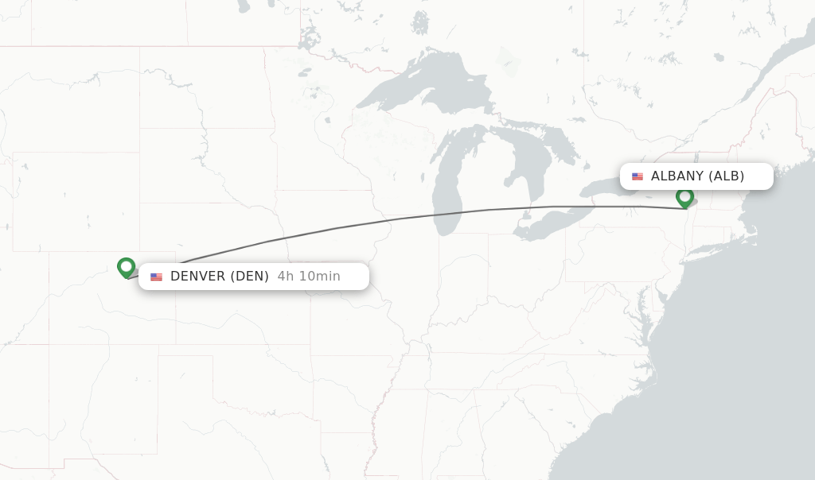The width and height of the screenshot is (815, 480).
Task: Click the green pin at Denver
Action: [x=126, y=267]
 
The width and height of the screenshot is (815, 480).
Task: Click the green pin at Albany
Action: [x=684, y=196]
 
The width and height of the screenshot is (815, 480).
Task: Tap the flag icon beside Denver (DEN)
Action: [x=156, y=277]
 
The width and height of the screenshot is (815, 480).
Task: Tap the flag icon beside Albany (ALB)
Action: [x=638, y=176]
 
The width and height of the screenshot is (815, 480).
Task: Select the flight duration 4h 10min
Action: [x=309, y=277]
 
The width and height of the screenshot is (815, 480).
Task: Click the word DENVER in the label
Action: [x=198, y=277]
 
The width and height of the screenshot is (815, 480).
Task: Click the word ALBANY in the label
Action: [x=677, y=176]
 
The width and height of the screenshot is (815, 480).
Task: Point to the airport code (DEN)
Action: [x=250, y=277]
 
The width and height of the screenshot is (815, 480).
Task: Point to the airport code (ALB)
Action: [x=727, y=176]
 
